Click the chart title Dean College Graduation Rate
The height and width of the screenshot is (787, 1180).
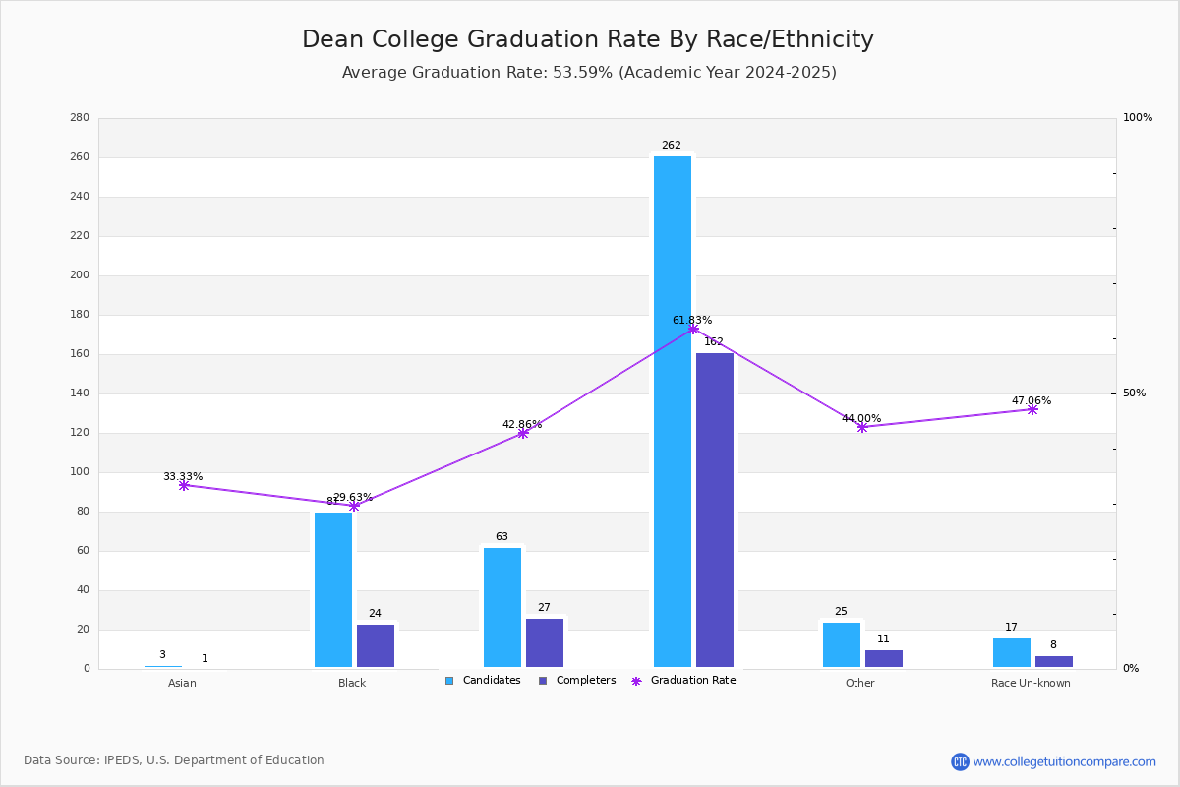(x=587, y=39)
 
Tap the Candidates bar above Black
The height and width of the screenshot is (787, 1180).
(x=333, y=589)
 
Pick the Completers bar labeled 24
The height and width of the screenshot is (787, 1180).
(x=376, y=645)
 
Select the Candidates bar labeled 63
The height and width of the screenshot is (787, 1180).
(x=502, y=607)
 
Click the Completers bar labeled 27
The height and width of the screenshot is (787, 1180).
(x=545, y=642)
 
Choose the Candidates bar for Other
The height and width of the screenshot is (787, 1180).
(x=842, y=644)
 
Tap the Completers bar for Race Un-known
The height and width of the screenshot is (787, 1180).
(x=1054, y=661)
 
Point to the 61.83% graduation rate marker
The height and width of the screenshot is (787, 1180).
(x=693, y=329)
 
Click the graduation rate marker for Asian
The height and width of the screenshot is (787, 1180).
(x=184, y=485)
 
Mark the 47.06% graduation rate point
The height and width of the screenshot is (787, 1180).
(x=1032, y=409)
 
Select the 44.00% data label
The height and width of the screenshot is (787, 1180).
(x=861, y=418)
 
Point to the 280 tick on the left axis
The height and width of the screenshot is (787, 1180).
(x=80, y=118)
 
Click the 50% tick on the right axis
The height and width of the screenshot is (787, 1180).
(x=1134, y=393)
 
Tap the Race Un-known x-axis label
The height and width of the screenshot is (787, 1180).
(x=1031, y=683)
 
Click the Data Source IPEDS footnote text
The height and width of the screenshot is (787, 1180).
(x=174, y=760)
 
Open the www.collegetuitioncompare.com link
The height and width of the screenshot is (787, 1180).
(x=1064, y=761)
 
